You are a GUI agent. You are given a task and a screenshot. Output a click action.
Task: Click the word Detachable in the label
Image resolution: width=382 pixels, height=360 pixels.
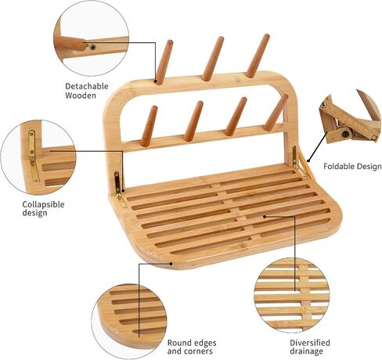click(x=87, y=86)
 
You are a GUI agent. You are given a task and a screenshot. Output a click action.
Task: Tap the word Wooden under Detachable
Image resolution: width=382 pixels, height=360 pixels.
click(x=81, y=95)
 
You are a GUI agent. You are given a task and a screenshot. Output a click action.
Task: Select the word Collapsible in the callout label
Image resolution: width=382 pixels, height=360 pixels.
click(x=43, y=204)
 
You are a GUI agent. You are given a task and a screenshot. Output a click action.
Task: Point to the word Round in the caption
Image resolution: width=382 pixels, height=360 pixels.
click(x=179, y=343)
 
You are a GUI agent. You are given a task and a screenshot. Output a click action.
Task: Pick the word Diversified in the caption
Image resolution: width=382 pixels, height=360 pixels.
click(x=310, y=343)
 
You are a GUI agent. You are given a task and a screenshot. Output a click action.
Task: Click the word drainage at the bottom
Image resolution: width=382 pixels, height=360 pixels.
click(x=306, y=351)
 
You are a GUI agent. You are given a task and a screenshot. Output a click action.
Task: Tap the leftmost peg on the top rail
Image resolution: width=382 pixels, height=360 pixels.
click(x=164, y=63)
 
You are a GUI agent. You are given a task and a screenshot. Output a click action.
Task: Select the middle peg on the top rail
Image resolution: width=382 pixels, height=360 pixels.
click(x=213, y=59)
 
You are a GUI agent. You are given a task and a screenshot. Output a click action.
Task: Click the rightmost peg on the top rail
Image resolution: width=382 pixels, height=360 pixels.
click(x=258, y=56)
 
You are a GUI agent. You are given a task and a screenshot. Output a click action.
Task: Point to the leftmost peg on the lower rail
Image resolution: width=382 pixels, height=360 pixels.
click(x=150, y=126)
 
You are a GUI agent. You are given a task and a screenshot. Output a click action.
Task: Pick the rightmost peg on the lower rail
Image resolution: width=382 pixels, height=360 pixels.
click(x=276, y=113)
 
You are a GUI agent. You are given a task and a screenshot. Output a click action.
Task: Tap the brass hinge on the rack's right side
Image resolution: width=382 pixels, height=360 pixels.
click(x=297, y=161)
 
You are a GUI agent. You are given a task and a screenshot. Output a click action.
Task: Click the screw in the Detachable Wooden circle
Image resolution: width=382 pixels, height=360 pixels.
click(x=92, y=47)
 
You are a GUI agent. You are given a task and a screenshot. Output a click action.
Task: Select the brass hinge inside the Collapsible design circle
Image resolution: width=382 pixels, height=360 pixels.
click(x=33, y=156)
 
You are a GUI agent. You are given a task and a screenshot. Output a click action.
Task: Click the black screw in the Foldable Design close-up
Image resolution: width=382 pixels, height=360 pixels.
click(x=346, y=134)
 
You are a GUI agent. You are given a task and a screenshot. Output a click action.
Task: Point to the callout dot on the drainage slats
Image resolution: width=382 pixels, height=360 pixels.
click(x=265, y=216)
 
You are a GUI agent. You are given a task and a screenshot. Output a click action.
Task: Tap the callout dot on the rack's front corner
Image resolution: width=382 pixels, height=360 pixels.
click(x=171, y=264)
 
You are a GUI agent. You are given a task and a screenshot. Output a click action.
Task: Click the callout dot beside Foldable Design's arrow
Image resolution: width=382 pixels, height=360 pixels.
click(x=308, y=160)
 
